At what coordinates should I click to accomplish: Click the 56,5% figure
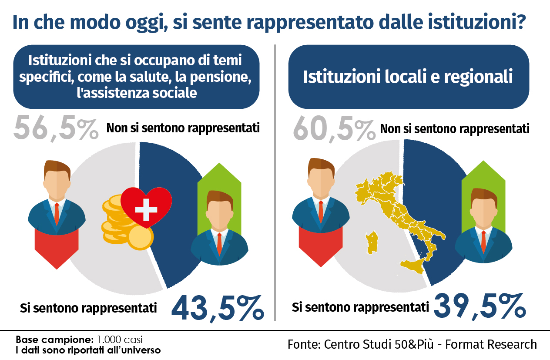56,128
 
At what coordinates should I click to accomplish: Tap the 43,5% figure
218,308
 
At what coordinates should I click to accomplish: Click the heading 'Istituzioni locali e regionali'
408,77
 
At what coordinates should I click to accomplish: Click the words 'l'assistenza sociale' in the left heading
136,93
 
